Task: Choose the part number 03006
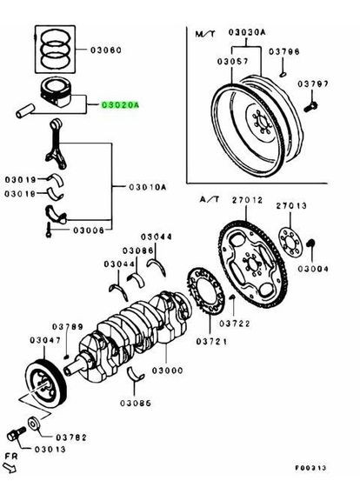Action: coord(86,230)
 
